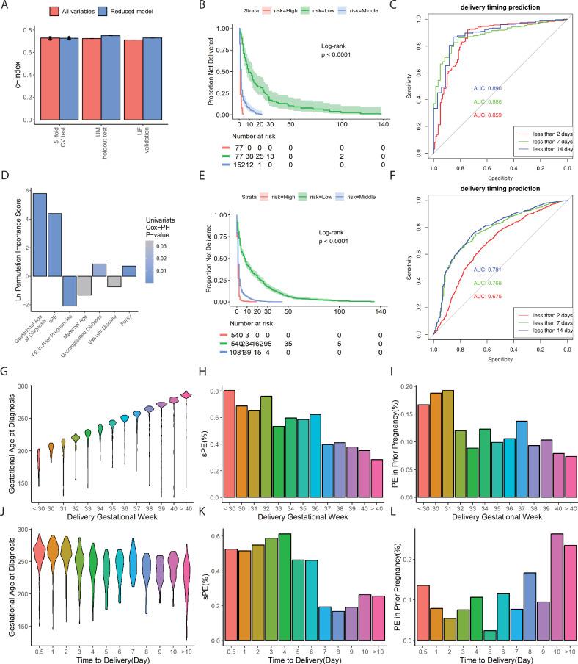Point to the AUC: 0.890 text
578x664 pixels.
[x=488, y=89]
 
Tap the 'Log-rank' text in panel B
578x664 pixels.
[x=334, y=46]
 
